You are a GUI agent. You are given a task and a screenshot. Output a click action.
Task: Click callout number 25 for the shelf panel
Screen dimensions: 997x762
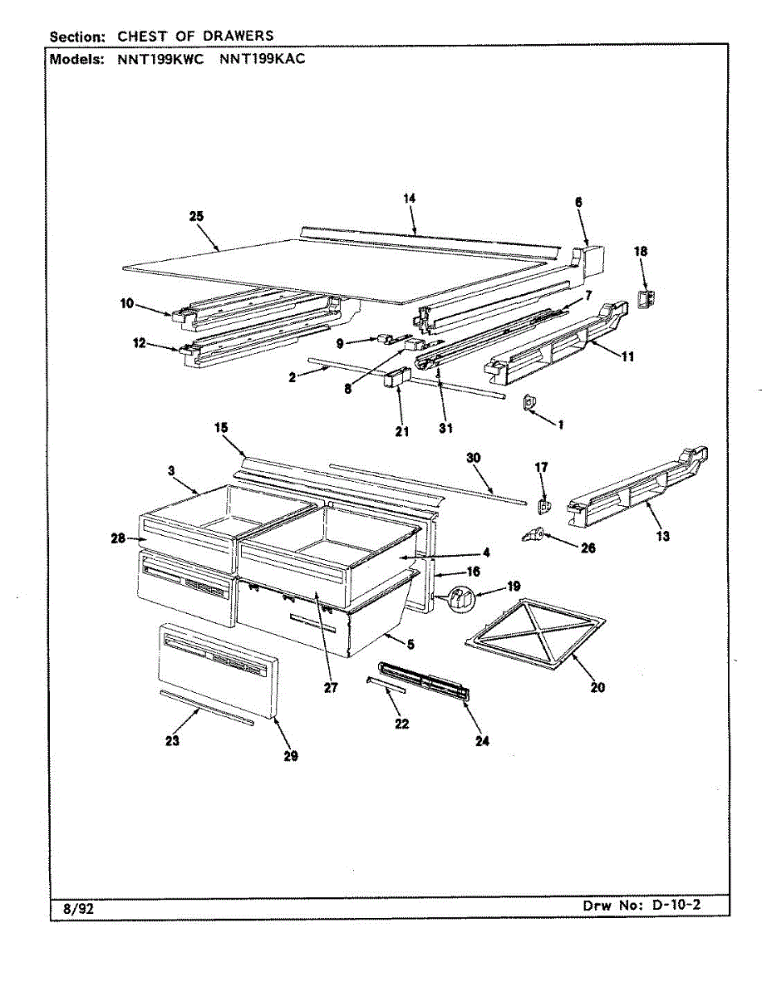(x=196, y=216)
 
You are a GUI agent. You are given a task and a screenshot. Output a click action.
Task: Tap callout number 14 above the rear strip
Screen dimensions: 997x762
(x=409, y=198)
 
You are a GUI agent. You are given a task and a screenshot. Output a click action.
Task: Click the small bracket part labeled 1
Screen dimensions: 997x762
(x=528, y=404)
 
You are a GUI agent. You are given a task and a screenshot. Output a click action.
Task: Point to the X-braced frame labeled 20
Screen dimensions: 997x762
(x=536, y=631)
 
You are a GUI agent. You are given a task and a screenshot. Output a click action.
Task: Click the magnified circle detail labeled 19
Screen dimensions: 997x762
(x=462, y=597)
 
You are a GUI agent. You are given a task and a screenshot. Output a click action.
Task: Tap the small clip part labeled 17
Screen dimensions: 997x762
(x=545, y=504)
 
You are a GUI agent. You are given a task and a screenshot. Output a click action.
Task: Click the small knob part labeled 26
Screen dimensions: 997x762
(x=532, y=534)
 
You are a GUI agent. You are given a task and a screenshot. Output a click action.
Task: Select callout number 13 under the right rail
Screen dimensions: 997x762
(x=661, y=536)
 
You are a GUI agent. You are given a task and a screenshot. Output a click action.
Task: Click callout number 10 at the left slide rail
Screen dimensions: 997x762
(x=126, y=304)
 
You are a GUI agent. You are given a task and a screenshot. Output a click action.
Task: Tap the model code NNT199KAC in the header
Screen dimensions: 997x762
(x=263, y=60)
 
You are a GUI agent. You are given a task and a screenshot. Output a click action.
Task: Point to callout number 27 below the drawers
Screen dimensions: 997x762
(x=331, y=688)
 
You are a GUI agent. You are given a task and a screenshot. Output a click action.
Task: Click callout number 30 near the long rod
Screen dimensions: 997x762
(x=473, y=458)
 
